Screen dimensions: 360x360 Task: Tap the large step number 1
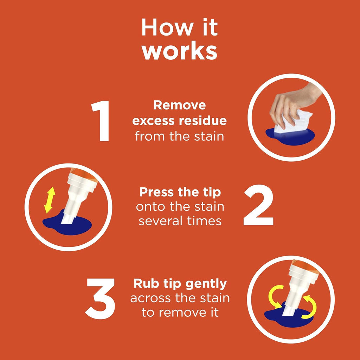pyautogui.click(x=101, y=122)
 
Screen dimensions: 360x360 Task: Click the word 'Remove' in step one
pyautogui.click(x=180, y=105)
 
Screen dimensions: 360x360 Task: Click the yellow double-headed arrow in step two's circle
pyautogui.click(x=50, y=200)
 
